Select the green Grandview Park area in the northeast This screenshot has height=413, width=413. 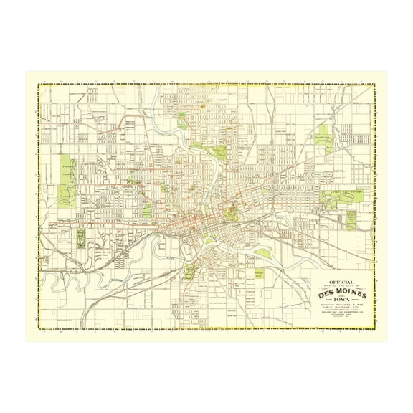pyautogui.click(x=327, y=141)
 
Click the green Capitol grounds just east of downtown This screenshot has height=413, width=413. pyautogui.click(x=231, y=212)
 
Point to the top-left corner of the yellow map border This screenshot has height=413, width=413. pyautogui.click(x=39, y=85)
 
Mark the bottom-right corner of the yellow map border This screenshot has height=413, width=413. pyautogui.click(x=374, y=328)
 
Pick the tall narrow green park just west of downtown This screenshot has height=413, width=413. pyautogui.click(x=148, y=209)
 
